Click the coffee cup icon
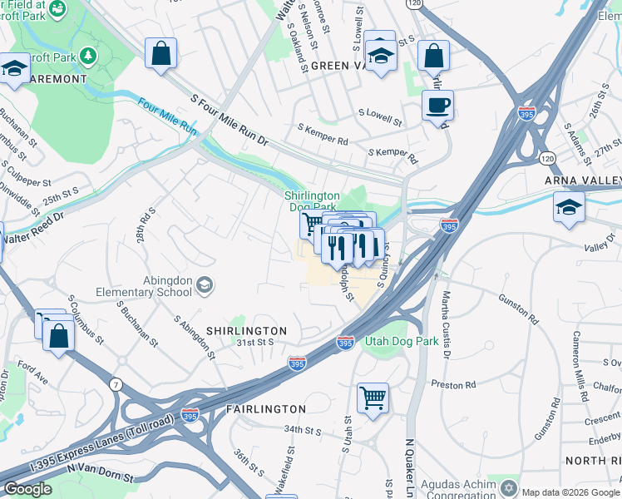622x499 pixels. coord(437,106)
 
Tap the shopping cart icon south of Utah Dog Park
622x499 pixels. coord(373,397)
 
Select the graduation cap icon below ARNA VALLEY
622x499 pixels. coord(569,206)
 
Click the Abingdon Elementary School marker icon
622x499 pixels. coord(203,287)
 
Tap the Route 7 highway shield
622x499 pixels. coord(114,383)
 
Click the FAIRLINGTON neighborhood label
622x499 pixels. coord(266,409)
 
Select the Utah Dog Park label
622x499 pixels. coord(392,342)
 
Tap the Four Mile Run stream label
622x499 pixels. coord(167,117)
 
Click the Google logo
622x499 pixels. coord(27,488)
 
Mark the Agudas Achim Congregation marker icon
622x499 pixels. coord(509,487)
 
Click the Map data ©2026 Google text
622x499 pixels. coord(570,492)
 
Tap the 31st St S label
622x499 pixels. coord(255,342)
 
